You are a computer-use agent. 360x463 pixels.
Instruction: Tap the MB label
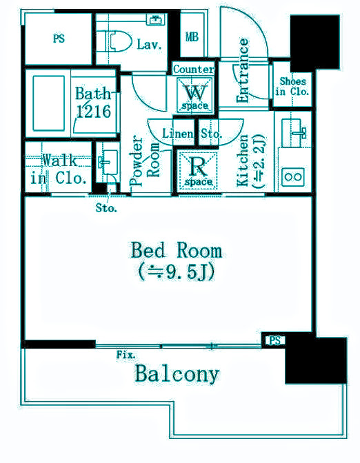[x=192, y=37]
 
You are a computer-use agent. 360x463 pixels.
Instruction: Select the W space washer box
[x=194, y=95]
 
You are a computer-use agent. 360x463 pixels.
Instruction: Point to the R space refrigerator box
[x=198, y=170]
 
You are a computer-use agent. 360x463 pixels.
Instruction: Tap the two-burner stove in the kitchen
[x=293, y=177]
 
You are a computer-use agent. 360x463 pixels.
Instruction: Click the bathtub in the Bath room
[x=49, y=103]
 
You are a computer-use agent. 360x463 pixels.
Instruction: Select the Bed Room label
[x=176, y=250]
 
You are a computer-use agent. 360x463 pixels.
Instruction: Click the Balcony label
[x=177, y=374]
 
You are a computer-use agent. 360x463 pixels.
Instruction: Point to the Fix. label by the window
[x=126, y=354]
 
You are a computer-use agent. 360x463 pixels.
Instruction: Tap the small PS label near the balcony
[x=274, y=340]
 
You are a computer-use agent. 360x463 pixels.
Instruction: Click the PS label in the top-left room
[x=59, y=39]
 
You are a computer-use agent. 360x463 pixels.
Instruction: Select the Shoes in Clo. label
[x=292, y=86]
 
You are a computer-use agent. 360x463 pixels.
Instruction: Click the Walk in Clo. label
[x=59, y=169]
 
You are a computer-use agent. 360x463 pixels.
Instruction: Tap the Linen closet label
[x=178, y=134]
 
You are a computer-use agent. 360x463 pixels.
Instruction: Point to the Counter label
[x=194, y=70]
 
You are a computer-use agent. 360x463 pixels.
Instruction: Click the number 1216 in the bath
[x=94, y=112]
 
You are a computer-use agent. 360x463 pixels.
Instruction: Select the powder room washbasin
[x=108, y=162]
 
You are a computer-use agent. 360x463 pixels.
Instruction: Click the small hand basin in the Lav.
[x=155, y=20]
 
